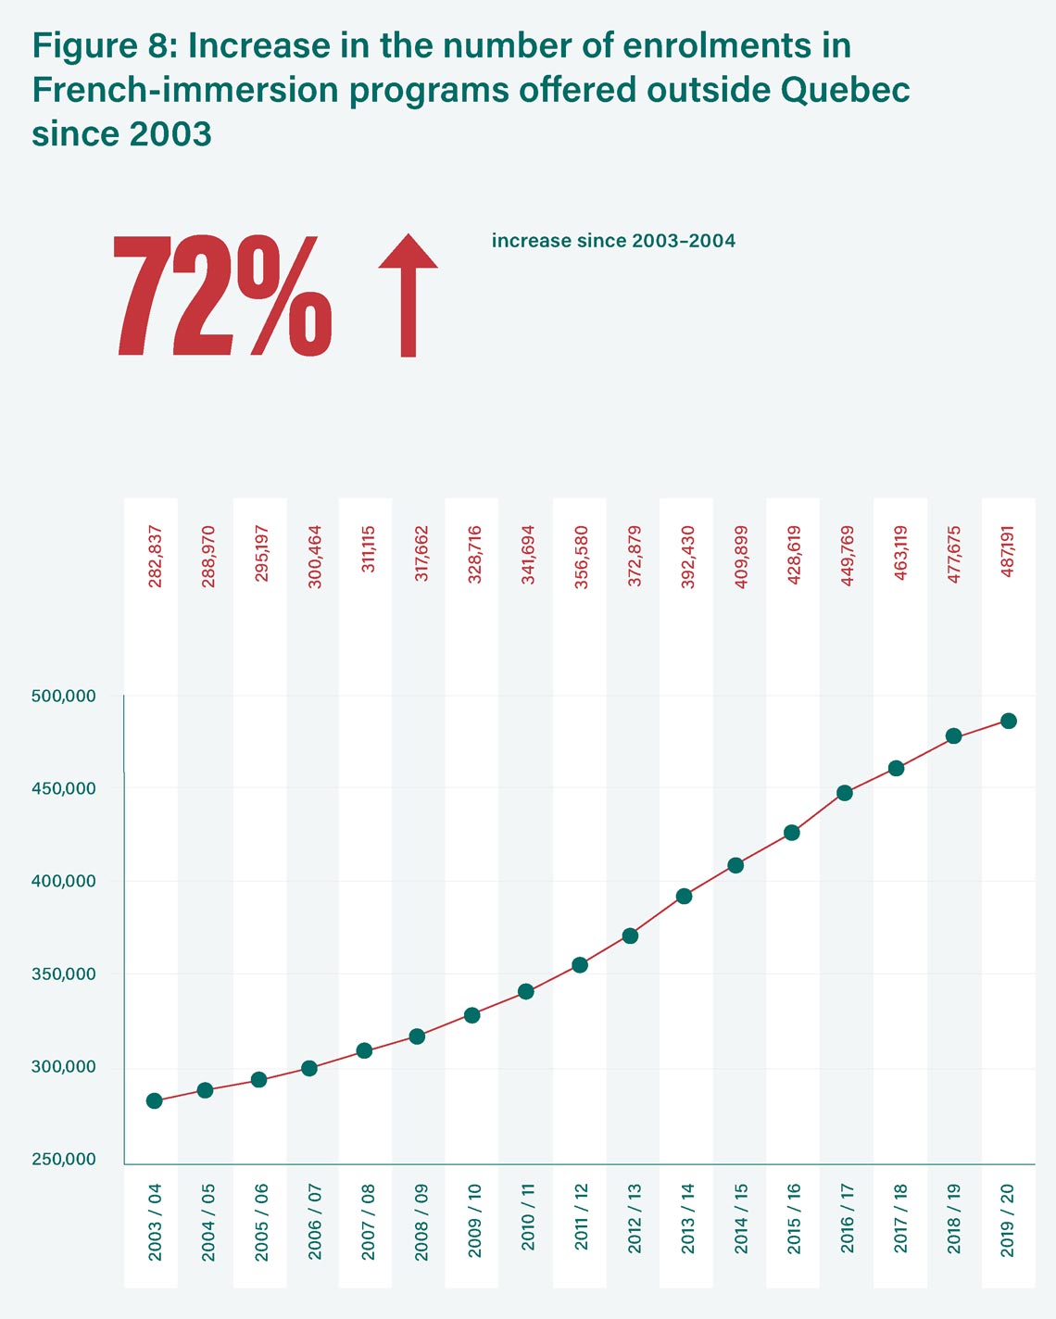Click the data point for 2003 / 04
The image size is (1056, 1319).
click(154, 1100)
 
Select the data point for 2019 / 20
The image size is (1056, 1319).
click(1008, 721)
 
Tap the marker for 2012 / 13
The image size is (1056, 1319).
click(630, 936)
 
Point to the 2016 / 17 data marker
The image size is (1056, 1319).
click(844, 793)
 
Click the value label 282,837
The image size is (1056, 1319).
click(156, 558)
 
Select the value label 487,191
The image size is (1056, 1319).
click(1008, 553)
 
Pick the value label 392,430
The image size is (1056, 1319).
click(687, 558)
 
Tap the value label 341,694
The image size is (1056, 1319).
click(528, 558)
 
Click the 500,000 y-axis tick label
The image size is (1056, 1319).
click(63, 696)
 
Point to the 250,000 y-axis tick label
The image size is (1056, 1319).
click(63, 1160)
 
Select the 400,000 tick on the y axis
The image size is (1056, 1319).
click(63, 881)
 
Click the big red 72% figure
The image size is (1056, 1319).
click(222, 296)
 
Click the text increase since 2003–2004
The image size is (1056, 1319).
click(613, 241)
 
